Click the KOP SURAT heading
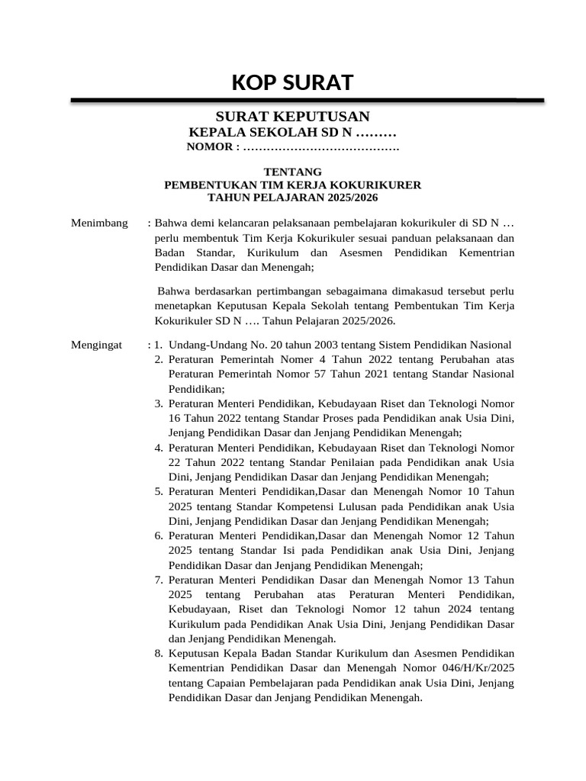coord(292,82)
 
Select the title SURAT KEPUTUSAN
coord(292,116)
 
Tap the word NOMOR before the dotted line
coord(209,146)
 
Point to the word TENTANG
coord(292,172)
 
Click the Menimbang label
coord(100,223)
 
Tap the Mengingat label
coord(97,345)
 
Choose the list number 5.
coord(159,492)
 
